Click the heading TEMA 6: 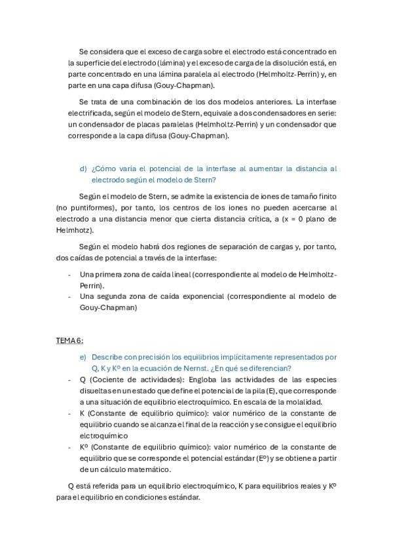point(69,341)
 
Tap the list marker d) point(83,169)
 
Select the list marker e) point(83,357)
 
